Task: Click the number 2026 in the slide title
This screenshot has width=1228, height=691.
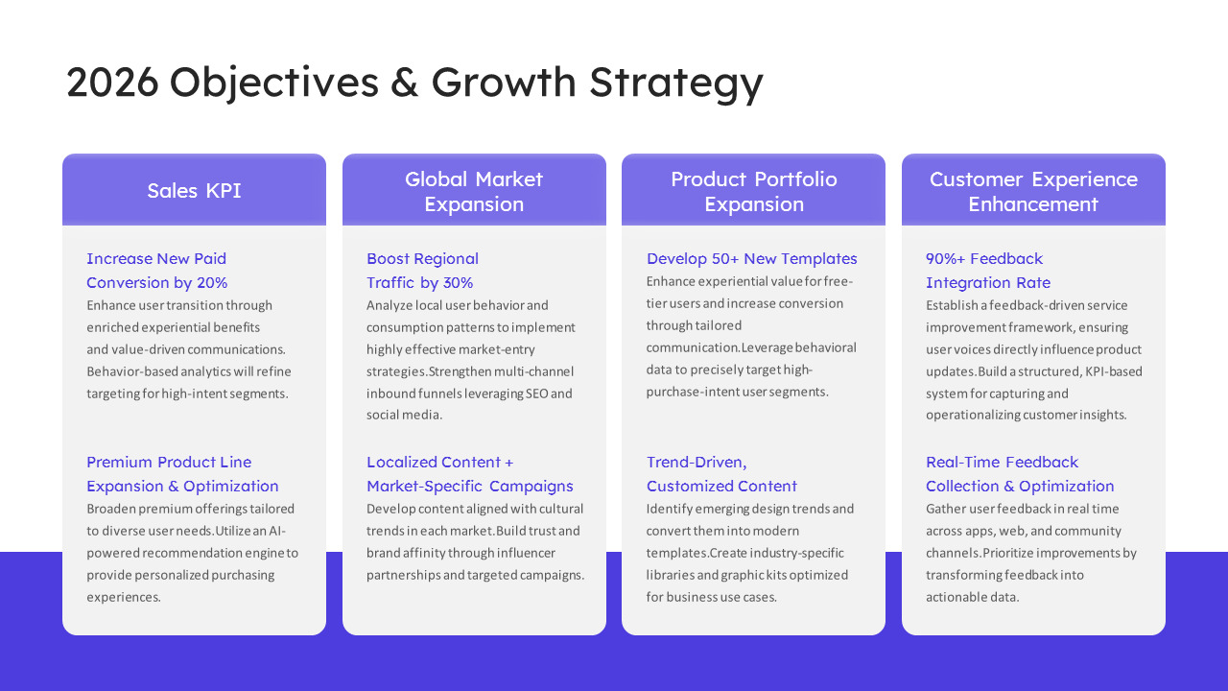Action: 112,83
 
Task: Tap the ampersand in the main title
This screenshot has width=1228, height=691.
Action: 404,83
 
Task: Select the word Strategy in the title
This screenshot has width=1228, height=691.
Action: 676,83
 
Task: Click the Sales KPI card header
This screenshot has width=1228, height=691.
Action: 194,190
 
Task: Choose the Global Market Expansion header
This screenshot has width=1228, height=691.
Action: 474,190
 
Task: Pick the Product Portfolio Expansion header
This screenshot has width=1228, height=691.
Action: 753,190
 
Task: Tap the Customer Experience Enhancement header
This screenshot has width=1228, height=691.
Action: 1033,190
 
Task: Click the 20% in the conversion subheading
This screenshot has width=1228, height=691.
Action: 212,282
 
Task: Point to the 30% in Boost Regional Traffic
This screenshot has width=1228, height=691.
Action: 458,282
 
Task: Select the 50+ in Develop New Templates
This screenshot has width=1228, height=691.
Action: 725,258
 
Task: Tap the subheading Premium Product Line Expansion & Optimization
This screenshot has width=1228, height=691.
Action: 182,474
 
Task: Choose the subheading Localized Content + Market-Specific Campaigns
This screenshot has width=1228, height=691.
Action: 470,474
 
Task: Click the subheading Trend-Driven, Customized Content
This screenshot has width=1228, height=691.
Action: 721,474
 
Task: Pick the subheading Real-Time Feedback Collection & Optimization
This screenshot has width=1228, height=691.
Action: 1020,474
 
